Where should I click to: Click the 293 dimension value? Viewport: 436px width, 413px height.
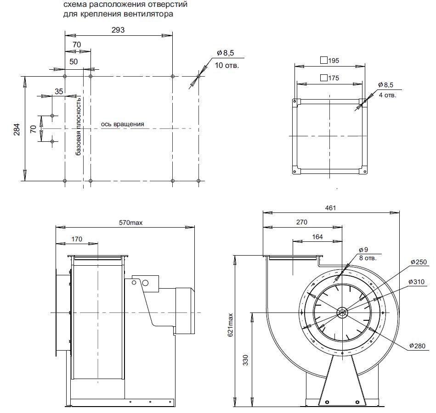tap(118, 29)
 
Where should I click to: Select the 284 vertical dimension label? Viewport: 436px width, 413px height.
tap(17, 130)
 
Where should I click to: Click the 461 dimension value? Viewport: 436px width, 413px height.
tap(330, 208)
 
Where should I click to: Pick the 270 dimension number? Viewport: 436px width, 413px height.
tap(301, 222)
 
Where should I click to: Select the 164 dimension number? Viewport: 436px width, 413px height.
tap(317, 237)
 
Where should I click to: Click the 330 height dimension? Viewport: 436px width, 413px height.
tap(245, 361)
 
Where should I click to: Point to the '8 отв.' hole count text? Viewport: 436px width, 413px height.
tap(368, 258)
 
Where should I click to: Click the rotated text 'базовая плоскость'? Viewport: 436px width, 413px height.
tap(79, 126)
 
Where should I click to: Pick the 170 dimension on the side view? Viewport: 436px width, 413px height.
tap(77, 239)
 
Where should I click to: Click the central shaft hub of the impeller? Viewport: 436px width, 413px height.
tap(342, 313)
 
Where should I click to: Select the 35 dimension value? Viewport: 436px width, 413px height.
tap(59, 91)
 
